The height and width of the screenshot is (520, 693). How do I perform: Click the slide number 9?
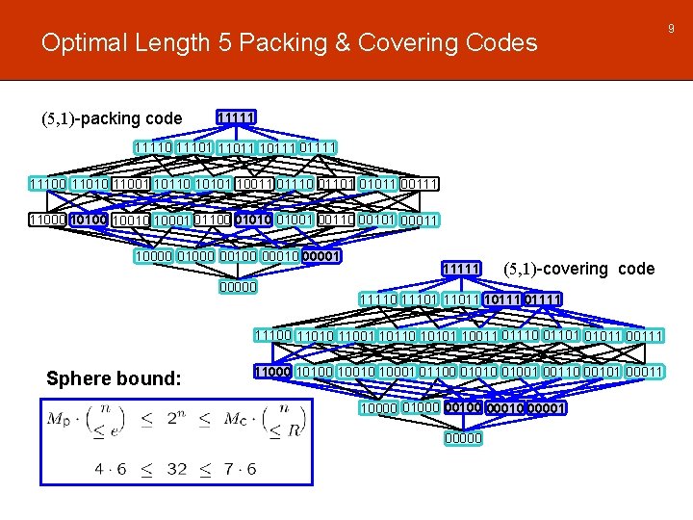pyautogui.click(x=670, y=30)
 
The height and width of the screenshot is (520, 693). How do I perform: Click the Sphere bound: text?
pyautogui.click(x=114, y=378)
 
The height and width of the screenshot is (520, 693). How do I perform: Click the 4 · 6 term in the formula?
pyautogui.click(x=109, y=470)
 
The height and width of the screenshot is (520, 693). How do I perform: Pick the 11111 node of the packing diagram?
pyautogui.click(x=236, y=117)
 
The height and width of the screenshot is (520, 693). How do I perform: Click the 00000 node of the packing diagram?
pyautogui.click(x=238, y=286)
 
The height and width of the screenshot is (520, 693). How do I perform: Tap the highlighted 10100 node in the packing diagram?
pyautogui.click(x=87, y=220)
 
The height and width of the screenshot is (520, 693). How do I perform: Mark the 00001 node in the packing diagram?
pyautogui.click(x=321, y=256)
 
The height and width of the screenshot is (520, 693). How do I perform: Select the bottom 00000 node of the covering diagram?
pyautogui.click(x=464, y=439)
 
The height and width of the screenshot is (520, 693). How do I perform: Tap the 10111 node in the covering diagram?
pyautogui.click(x=503, y=299)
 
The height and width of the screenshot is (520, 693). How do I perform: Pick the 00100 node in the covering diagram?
pyautogui.click(x=464, y=407)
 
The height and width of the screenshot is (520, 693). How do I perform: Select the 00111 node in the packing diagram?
pyautogui.click(x=420, y=184)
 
